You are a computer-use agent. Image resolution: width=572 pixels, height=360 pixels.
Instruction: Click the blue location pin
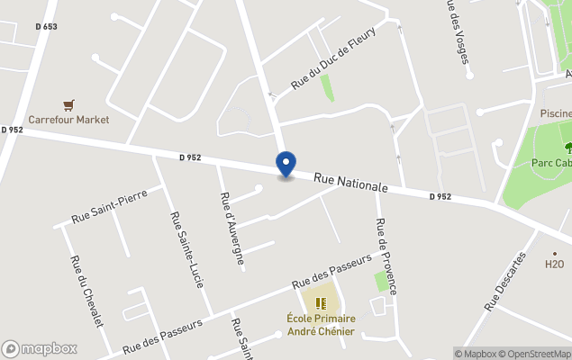point(286,165)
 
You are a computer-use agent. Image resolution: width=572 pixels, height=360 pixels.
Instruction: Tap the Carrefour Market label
point(68,120)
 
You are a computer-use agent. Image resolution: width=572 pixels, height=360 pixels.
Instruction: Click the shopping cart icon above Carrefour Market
point(68,105)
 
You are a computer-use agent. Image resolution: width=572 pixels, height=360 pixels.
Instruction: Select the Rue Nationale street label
point(350,184)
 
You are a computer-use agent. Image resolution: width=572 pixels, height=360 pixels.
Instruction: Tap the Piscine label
point(555,113)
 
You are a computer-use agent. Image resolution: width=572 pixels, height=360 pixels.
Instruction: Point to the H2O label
point(554,265)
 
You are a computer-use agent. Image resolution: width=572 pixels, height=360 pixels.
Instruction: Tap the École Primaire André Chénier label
point(321,325)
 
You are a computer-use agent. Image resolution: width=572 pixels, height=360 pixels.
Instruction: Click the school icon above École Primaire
point(321,302)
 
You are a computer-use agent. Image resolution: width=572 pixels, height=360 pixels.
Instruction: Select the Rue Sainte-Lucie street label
point(186,249)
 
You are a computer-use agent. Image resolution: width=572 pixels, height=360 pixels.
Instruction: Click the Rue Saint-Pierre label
point(109,205)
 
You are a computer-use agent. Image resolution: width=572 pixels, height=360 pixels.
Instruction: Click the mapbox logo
point(40,349)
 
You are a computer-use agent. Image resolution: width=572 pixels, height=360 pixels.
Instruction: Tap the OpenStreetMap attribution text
point(536,354)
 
